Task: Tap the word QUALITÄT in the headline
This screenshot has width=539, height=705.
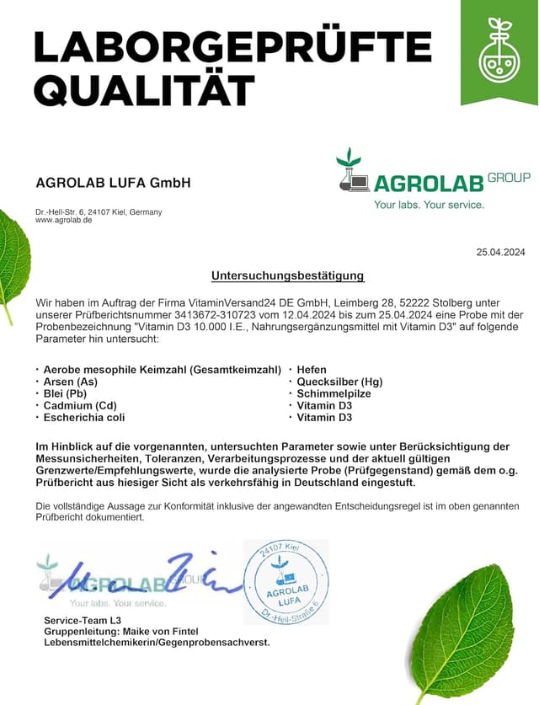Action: coord(144,88)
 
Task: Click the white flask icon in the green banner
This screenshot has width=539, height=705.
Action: coord(499,52)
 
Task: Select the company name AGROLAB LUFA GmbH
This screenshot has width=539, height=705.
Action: coord(113,183)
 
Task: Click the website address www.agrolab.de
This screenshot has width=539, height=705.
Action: coord(64,220)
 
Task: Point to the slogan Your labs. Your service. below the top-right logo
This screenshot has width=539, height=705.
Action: coord(429,205)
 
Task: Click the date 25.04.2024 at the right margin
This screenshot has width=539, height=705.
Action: coord(500,252)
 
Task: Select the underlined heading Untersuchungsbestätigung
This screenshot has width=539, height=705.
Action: coord(287,275)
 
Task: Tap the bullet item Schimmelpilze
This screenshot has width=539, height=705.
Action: coord(334,393)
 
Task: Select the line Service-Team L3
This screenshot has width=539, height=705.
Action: coord(83,619)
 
